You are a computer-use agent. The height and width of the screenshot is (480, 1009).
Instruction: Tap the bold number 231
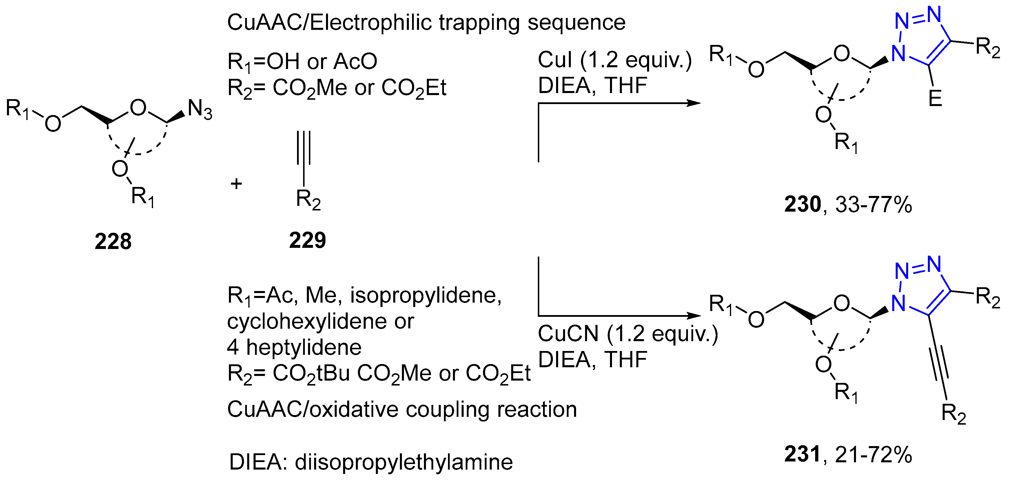[802, 454]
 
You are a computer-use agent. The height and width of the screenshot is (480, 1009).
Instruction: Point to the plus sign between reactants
[236, 183]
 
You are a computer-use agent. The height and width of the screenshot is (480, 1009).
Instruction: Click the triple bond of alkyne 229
[304, 148]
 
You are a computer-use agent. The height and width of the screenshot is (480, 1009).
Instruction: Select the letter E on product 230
[935, 98]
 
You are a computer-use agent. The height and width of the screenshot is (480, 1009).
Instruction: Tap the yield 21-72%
[873, 454]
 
